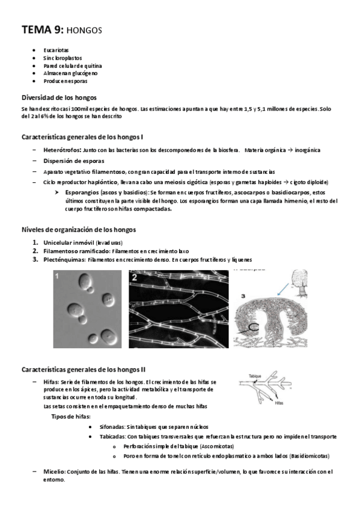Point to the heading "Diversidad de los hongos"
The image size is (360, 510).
tap(59, 97)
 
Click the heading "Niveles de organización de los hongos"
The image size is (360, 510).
tap(79, 229)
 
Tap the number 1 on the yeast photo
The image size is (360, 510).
tap(58, 276)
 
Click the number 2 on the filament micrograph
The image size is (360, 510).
tap(134, 277)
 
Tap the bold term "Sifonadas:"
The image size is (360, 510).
tap(110, 426)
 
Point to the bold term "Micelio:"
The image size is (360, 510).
tap(58, 472)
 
